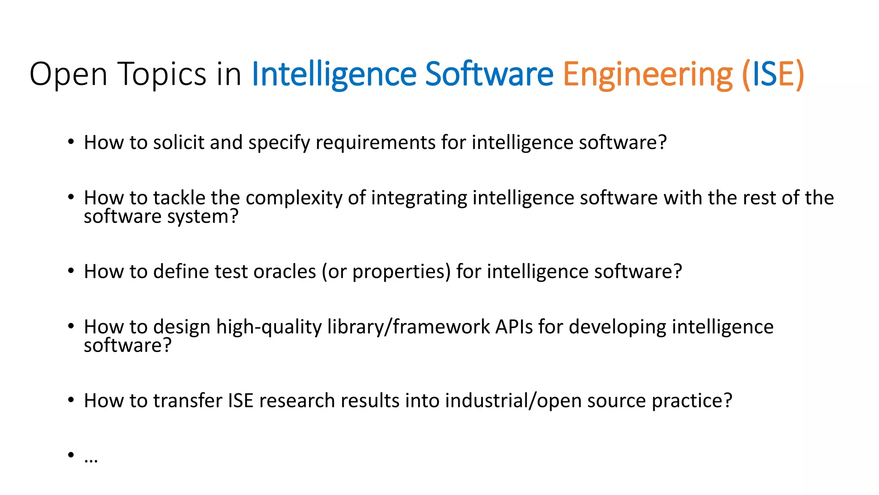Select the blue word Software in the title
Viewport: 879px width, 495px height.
click(489, 74)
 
